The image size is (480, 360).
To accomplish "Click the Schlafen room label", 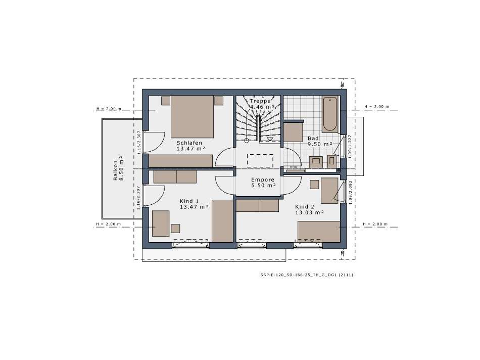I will click(x=189, y=143).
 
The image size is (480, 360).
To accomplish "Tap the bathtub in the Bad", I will click(x=330, y=114).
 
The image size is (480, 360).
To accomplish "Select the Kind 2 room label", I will click(x=305, y=207).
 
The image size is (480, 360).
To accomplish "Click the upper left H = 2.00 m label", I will click(x=108, y=108).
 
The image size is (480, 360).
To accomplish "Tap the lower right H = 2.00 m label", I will click(x=376, y=224).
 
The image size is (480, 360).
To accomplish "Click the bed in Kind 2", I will click(x=318, y=232).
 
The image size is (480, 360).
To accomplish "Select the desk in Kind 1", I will click(x=161, y=223).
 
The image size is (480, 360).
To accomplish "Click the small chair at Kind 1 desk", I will click(x=175, y=228).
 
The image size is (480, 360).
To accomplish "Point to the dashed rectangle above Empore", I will click(x=260, y=161).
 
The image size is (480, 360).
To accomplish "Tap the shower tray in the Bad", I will click(x=293, y=131).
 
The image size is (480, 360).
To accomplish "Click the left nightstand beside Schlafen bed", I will click(x=166, y=101).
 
